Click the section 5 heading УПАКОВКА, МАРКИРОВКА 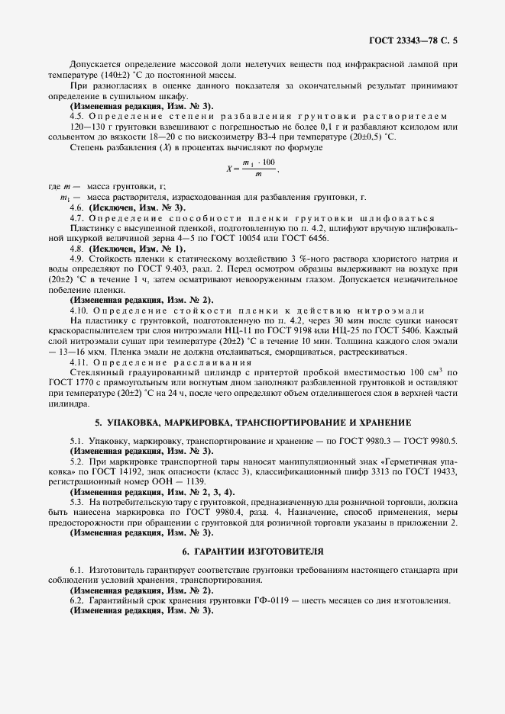tap(252, 422)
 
